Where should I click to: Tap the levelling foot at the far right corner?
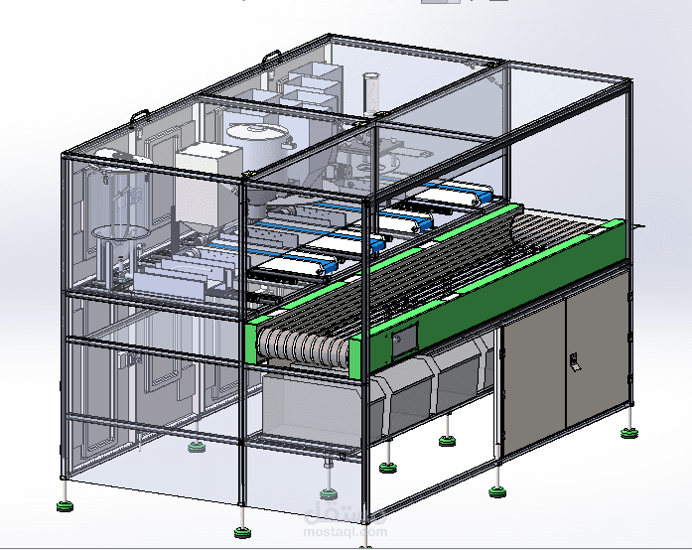[628, 431]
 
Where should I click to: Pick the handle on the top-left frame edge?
[139, 114]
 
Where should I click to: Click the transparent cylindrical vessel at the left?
[117, 199]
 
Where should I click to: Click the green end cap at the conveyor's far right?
[615, 244]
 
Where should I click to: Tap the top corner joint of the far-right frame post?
[626, 87]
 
